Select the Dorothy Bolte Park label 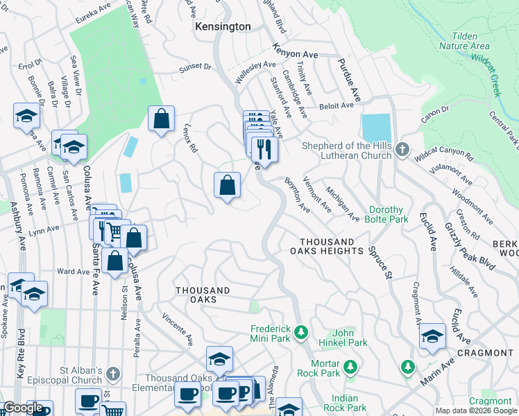pyautogui.click(x=387, y=214)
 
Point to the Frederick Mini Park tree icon pyautogui.click(x=301, y=333)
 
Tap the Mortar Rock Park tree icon pyautogui.click(x=351, y=366)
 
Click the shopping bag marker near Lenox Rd pyautogui.click(x=161, y=119)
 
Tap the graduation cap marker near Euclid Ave pyautogui.click(x=432, y=336)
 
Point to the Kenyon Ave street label pyautogui.click(x=295, y=53)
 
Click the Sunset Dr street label pyautogui.click(x=196, y=67)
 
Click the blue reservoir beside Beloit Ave pyautogui.click(x=376, y=128)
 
